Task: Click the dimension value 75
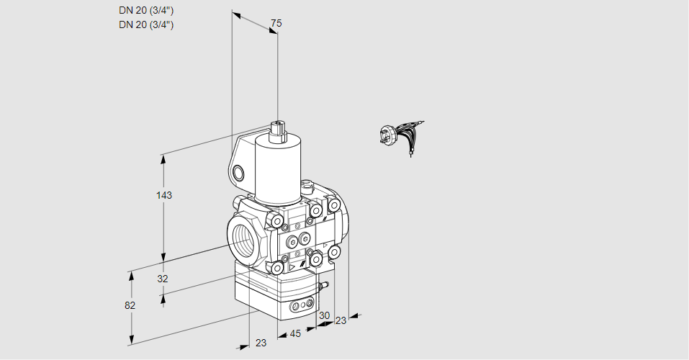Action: [x=276, y=23]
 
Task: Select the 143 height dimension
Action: [x=164, y=195]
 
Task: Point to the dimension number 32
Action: [x=163, y=279]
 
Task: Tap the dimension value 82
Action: [x=130, y=305]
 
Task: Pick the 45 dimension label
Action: [x=295, y=333]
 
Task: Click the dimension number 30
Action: [x=324, y=315]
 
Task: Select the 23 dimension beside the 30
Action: [x=341, y=321]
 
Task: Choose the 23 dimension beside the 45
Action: [x=261, y=343]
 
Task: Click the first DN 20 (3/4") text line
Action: [x=146, y=11]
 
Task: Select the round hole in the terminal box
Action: [x=238, y=174]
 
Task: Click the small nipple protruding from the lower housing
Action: [x=324, y=285]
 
